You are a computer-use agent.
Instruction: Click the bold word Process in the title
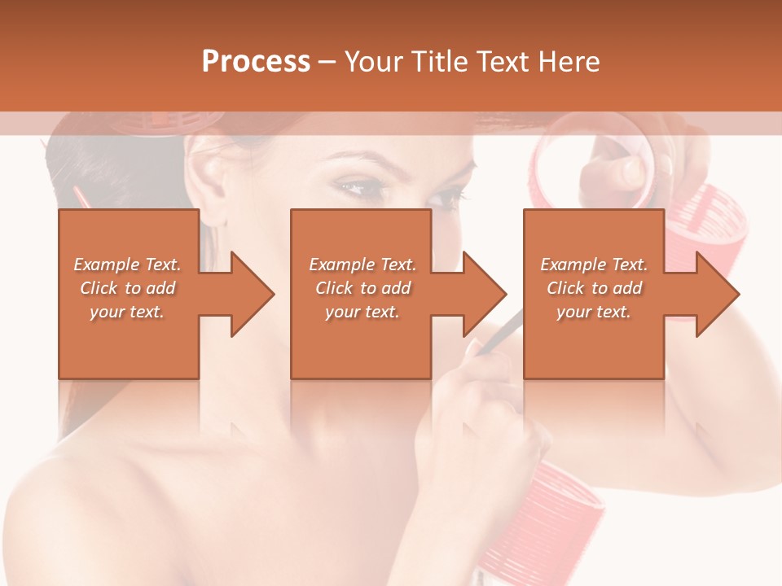coord(256,61)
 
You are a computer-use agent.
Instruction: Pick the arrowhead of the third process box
coord(717,294)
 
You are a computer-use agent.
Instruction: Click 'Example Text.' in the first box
coord(127,265)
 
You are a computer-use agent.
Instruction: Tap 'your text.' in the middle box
coord(362,312)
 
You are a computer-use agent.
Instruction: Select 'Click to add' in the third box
coord(595,288)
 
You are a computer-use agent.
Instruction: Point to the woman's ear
coord(211,175)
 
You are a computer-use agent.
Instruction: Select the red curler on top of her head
coord(171,122)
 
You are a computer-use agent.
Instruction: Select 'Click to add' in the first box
coord(127,288)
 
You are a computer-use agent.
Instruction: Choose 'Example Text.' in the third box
coord(594,265)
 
